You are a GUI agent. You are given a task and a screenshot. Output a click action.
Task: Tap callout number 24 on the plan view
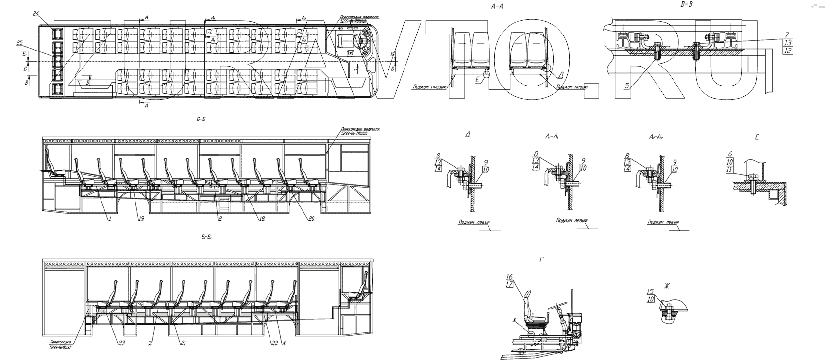[36, 14]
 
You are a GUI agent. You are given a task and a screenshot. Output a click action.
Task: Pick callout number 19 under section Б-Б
[141, 219]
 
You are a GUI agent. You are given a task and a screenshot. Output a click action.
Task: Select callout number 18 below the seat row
[262, 219]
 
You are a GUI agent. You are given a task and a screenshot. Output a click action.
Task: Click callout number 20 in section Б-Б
[311, 219]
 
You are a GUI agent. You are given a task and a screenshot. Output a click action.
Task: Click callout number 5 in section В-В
[627, 86]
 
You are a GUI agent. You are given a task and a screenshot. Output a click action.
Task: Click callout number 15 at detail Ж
[650, 292]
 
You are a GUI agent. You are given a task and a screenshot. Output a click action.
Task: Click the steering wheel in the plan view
[361, 41]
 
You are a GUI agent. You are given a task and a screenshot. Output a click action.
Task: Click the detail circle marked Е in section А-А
[486, 76]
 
